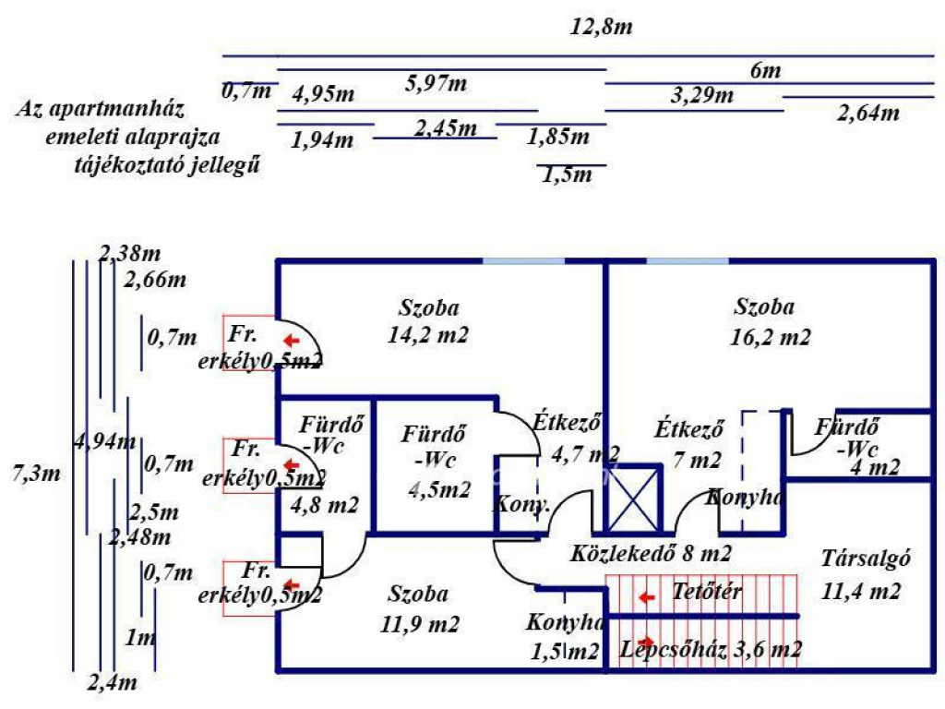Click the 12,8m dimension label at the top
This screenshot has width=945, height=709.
coord(602,27)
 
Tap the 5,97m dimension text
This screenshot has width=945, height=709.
coord(436,84)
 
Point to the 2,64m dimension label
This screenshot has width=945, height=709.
coord(867,114)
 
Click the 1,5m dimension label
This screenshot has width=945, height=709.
coord(568,174)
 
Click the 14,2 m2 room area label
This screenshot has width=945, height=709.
coord(428,335)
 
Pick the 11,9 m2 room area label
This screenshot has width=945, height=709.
coord(419,624)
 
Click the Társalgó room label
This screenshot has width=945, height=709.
coord(866,559)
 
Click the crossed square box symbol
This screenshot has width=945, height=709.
coord(633,499)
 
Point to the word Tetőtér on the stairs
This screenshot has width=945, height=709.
coord(707,591)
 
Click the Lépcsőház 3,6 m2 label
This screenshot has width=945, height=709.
coord(711,649)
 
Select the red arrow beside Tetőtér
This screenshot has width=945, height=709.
coord(648,597)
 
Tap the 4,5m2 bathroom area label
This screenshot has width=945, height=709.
coord(439,489)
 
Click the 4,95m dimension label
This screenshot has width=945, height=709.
coord(323,94)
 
